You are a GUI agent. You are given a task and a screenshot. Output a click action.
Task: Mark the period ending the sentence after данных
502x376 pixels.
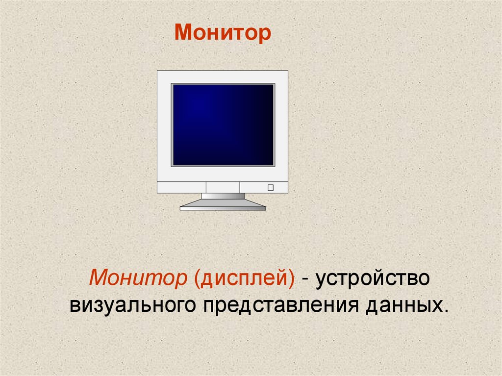pyautogui.click(x=446, y=311)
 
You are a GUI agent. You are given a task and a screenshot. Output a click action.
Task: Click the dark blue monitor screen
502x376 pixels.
pyautogui.click(x=223, y=125)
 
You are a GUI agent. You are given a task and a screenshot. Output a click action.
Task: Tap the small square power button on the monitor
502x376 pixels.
pyautogui.click(x=270, y=187)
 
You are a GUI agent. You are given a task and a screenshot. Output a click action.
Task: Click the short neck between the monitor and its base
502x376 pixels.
pyautogui.click(x=223, y=196)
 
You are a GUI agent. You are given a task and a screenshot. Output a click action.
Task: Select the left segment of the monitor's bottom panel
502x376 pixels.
pyautogui.click(x=181, y=187)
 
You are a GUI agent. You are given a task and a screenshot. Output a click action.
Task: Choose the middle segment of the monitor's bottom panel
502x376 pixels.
pyautogui.click(x=223, y=187)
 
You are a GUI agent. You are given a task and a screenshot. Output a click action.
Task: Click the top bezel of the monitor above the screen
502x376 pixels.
pyautogui.click(x=223, y=76)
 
